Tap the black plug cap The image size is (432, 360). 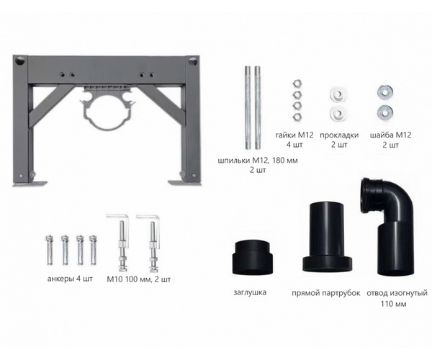pyautogui.click(x=253, y=257)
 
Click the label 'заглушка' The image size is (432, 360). pyautogui.click(x=250, y=292)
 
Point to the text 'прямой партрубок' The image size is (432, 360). pyautogui.click(x=326, y=293)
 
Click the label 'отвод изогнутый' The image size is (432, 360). pyautogui.click(x=397, y=293)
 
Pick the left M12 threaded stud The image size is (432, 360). pyautogui.click(x=248, y=107)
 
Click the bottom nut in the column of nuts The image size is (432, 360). pyautogui.click(x=297, y=117)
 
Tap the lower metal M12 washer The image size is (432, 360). pyautogui.click(x=385, y=111)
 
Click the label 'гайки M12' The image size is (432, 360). pyautogui.click(x=294, y=135)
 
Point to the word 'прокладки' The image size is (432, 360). pyautogui.click(x=339, y=135)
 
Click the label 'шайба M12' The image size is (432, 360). pyautogui.click(x=390, y=135)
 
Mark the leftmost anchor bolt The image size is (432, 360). pyautogui.click(x=50, y=250)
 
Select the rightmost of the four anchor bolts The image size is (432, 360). pyautogui.click(x=94, y=250)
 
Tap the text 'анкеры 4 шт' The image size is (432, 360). pyautogui.click(x=70, y=279)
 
